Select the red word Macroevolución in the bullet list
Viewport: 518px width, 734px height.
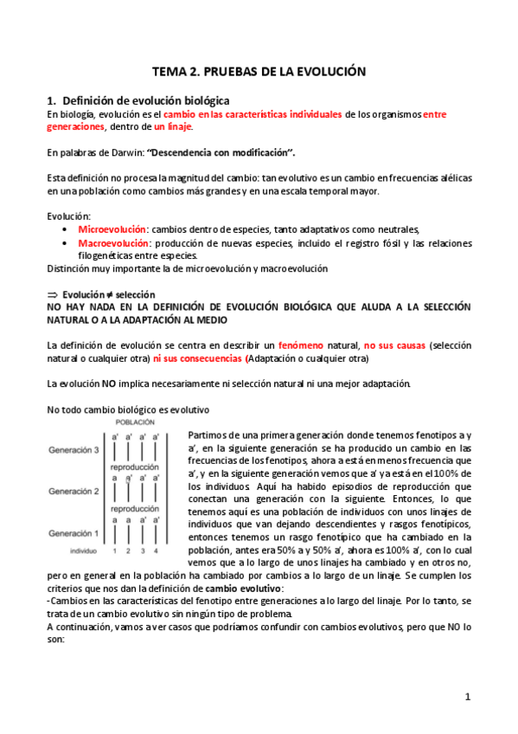coord(112,243)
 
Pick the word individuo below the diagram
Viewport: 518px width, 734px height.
coord(82,550)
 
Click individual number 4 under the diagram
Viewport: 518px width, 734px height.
coord(156,550)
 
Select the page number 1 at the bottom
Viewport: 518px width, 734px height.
coord(467,697)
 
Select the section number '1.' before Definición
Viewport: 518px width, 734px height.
coord(51,100)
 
